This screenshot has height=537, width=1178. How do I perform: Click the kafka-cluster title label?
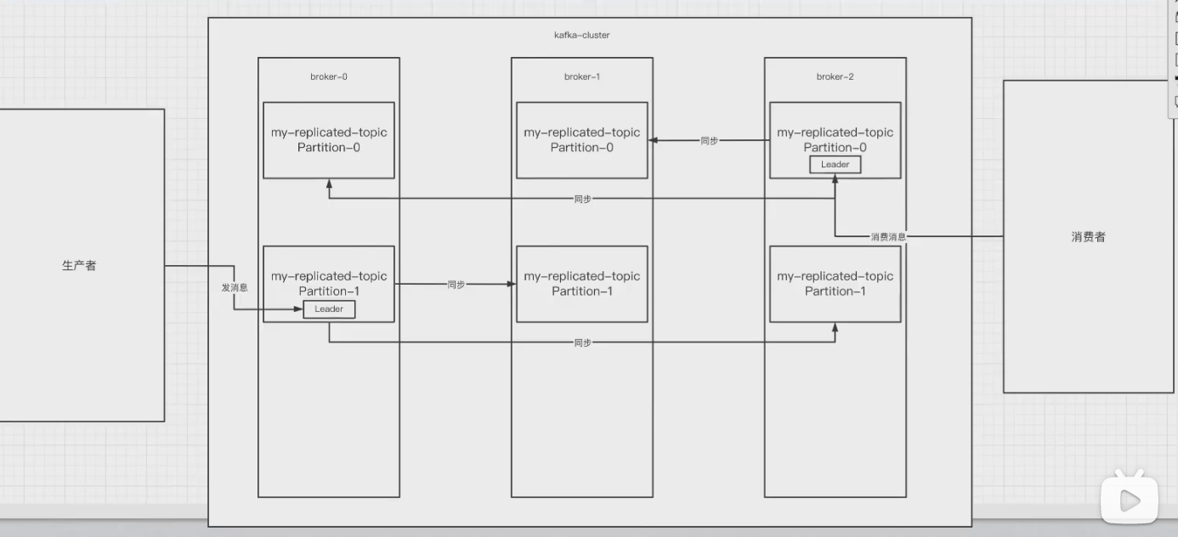click(x=581, y=36)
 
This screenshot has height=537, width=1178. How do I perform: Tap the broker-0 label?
click(x=328, y=76)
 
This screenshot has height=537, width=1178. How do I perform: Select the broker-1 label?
click(x=581, y=76)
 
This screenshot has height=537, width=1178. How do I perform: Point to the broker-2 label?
click(x=835, y=76)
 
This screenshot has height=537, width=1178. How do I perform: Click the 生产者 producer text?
click(x=79, y=266)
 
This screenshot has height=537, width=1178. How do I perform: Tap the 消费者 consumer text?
click(x=1088, y=237)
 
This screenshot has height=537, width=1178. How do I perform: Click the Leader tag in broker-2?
click(x=835, y=165)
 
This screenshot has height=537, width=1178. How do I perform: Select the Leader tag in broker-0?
click(x=329, y=309)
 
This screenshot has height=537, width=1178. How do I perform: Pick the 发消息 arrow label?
click(x=235, y=288)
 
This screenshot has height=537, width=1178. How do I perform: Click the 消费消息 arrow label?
click(x=888, y=237)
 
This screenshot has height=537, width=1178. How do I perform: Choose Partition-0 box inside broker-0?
click(x=328, y=140)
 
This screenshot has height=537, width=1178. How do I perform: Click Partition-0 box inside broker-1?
click(x=581, y=140)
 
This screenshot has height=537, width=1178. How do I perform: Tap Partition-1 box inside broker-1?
click(x=581, y=284)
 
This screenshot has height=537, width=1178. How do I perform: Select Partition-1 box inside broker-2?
click(x=835, y=284)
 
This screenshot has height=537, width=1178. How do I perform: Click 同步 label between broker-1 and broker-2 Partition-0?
click(x=709, y=141)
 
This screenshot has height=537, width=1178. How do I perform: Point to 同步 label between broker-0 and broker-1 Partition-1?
click(x=456, y=285)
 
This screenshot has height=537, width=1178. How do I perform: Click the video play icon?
click(x=1130, y=500)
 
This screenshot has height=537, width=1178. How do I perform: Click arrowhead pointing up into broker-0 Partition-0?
click(x=329, y=184)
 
